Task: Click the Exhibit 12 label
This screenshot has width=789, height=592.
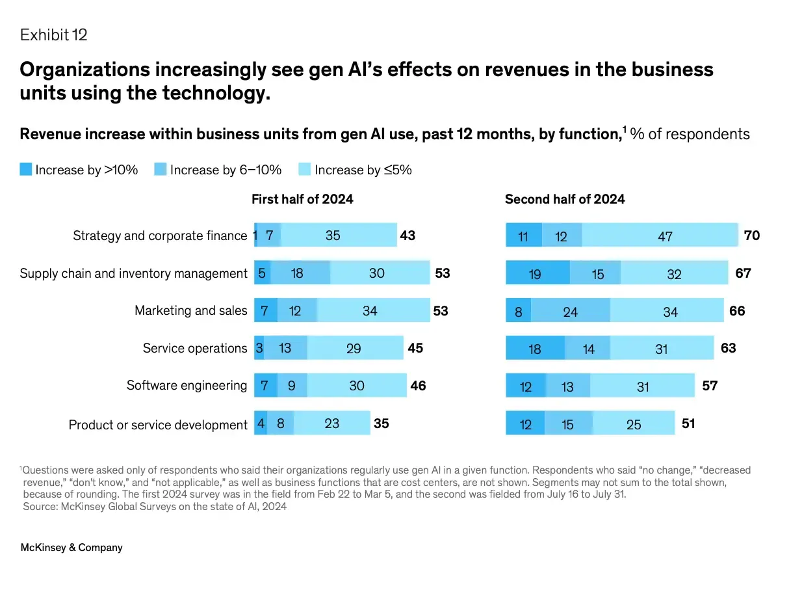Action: (53, 34)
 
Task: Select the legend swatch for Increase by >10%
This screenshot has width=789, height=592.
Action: (26, 170)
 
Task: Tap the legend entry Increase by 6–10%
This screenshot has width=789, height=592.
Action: (218, 170)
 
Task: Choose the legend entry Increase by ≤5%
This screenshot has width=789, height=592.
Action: (356, 170)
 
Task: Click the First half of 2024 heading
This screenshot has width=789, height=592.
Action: (302, 199)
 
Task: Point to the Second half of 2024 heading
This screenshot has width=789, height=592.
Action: (565, 199)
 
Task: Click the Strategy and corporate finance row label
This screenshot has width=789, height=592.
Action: (160, 235)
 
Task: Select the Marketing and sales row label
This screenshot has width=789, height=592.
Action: (190, 310)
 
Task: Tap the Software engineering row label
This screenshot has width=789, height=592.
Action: (187, 385)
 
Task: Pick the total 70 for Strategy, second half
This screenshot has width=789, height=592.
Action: (752, 235)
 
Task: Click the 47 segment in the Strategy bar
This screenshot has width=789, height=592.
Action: (665, 236)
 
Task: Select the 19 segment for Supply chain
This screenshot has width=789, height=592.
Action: (535, 274)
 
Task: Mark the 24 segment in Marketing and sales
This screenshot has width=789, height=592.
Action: (570, 312)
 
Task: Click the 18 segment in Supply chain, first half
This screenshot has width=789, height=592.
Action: (297, 273)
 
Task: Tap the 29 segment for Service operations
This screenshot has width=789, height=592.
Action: (354, 349)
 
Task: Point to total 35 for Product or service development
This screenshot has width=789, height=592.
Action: (382, 424)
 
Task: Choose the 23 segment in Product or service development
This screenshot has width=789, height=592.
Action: (331, 424)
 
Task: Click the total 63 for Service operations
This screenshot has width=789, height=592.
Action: (729, 348)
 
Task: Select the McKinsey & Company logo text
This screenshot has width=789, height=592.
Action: (71, 547)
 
